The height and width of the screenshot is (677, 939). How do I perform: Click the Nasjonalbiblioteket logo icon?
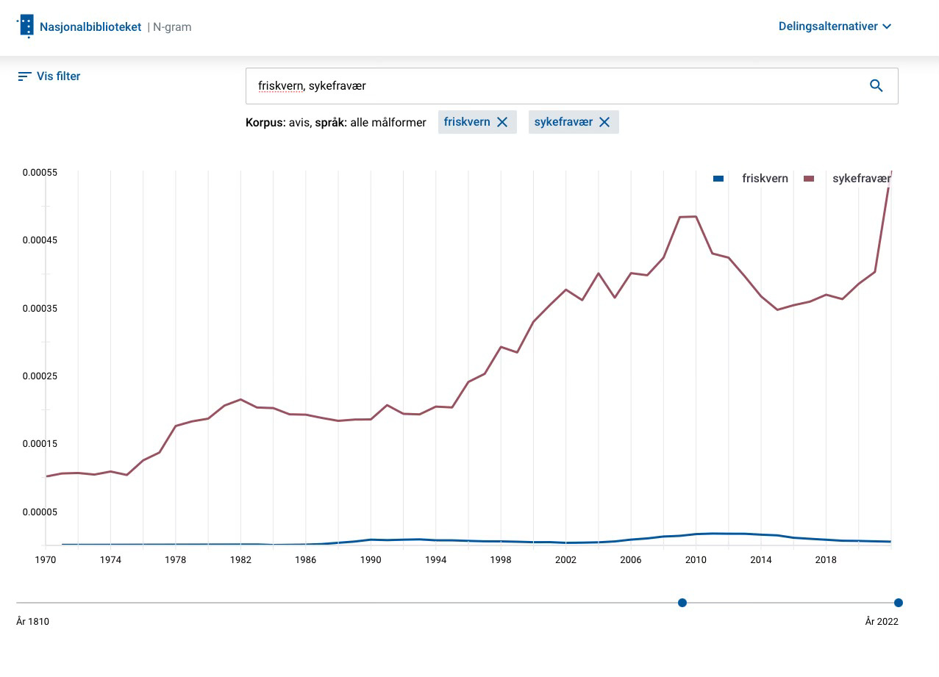coord(26,26)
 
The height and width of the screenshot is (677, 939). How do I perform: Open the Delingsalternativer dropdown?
coord(835,26)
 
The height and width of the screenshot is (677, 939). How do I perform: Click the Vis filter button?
coord(49,76)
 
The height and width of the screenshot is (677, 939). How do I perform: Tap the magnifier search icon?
coord(876,86)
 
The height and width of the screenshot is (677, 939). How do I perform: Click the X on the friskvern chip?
coord(502,122)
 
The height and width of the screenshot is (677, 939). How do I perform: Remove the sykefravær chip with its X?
coord(604,122)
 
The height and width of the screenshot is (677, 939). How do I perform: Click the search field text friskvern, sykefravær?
coord(312,86)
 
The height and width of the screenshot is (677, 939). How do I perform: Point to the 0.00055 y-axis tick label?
coord(40,173)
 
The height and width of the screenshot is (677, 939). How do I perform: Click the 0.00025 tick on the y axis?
coord(40,376)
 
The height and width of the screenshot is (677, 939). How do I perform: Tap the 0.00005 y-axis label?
coord(40,512)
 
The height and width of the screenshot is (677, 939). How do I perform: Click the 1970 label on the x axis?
coord(46,560)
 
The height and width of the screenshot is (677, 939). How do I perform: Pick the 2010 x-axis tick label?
coord(696,560)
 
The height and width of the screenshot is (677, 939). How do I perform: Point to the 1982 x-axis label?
coord(240,560)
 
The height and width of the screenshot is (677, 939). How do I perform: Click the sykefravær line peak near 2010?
coord(695,217)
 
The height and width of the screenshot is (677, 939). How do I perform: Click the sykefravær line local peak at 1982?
coord(240,399)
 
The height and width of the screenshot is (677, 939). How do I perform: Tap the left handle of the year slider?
coord(682,603)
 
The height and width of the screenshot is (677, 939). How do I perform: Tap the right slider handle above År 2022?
coord(898,603)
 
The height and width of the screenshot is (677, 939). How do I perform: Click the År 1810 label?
coord(32,622)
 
